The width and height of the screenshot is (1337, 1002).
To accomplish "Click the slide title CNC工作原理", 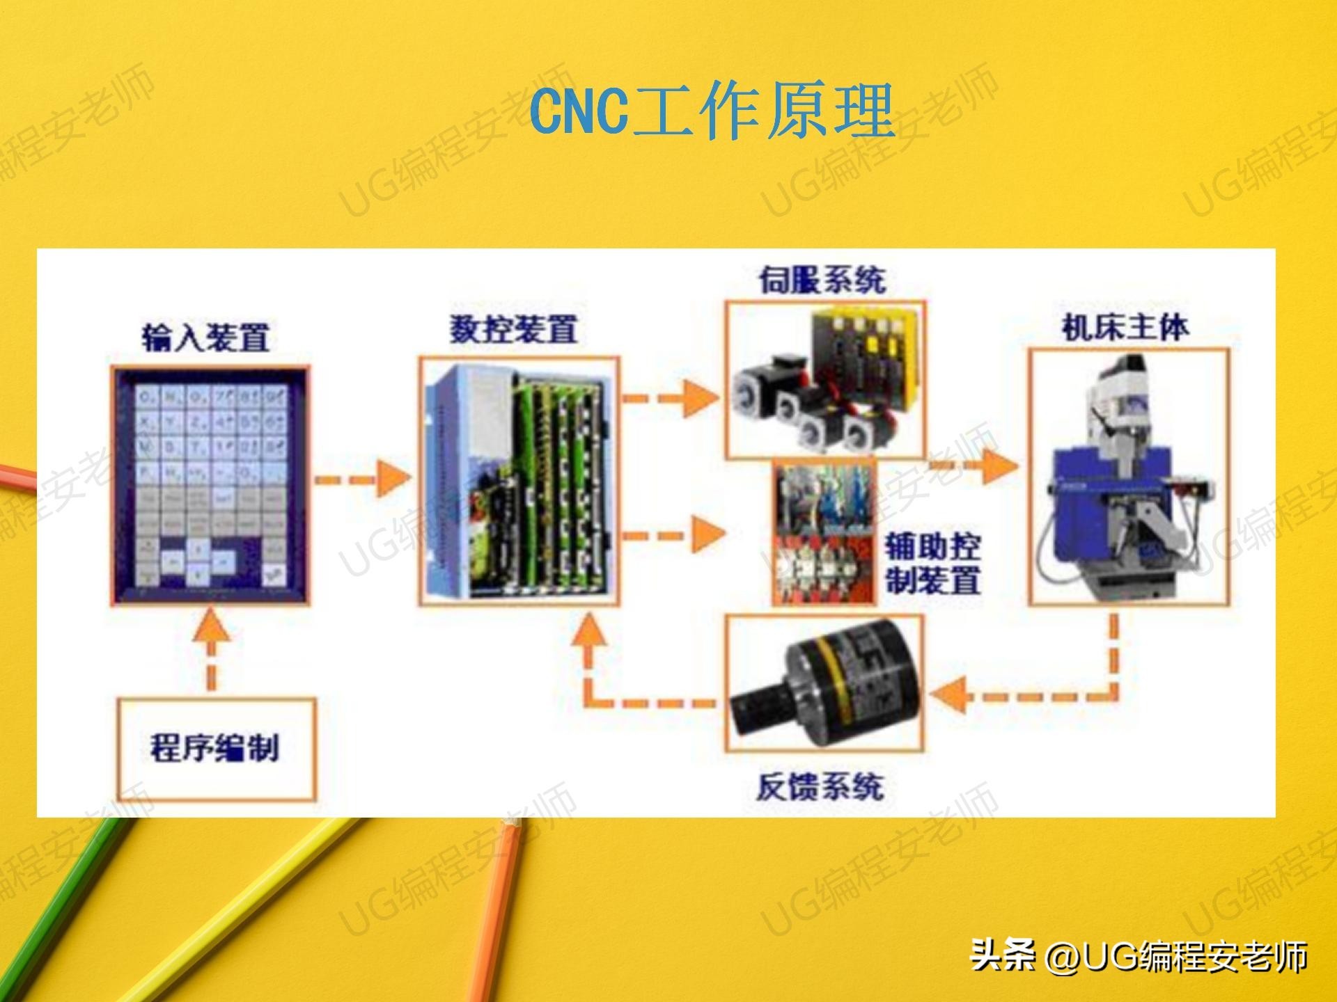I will [712, 111].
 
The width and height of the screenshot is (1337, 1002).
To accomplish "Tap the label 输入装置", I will [206, 337].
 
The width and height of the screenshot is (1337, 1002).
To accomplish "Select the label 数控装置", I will [514, 329].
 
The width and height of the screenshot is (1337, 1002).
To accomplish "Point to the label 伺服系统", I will [822, 280].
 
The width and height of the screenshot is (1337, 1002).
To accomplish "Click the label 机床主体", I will [1125, 327].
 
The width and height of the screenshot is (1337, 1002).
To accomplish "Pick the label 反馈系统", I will [820, 787].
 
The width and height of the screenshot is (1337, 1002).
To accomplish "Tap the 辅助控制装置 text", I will [933, 563].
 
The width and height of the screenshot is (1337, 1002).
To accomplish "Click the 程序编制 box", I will [216, 749].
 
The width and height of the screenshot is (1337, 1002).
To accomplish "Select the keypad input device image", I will [211, 484].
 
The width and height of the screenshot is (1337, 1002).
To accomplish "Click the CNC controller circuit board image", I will [519, 482].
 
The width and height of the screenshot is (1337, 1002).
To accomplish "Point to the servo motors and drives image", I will [825, 380].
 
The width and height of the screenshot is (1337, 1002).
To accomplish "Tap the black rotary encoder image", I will [824, 682].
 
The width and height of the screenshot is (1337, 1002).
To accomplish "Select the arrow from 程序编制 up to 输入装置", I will [212, 647].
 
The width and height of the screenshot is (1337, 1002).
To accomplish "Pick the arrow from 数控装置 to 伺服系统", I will [670, 398].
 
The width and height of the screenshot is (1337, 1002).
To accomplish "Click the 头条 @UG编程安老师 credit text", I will [1139, 955].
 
